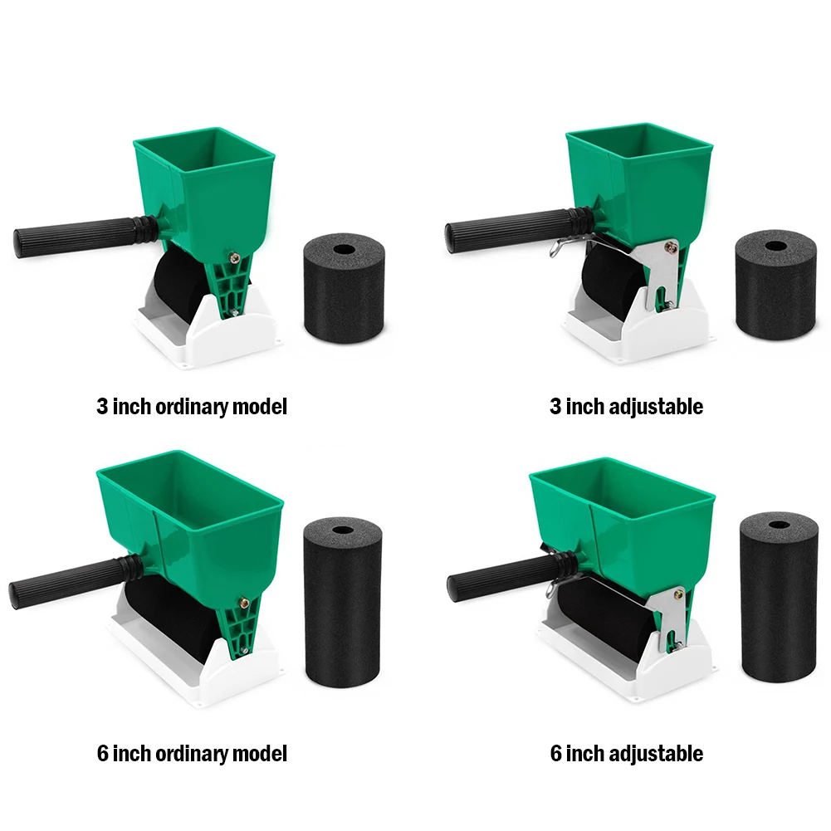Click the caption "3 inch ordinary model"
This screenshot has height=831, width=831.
click(192, 407)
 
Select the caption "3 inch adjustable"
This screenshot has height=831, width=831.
click(626, 407)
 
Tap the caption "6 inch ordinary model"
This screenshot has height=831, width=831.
click(192, 754)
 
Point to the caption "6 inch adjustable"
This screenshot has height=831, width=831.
click(626, 754)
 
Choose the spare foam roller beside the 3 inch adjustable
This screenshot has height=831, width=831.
click(776, 286)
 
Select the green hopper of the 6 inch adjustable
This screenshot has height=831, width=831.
click(631, 515)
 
